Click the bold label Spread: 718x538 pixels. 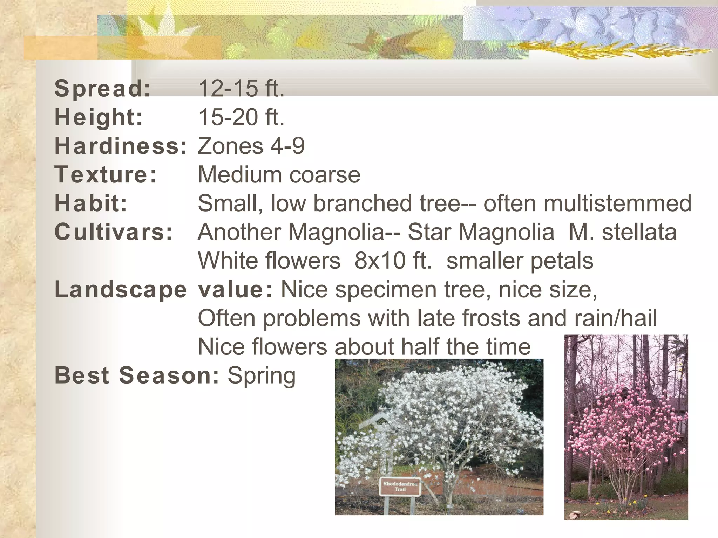coord(103,89)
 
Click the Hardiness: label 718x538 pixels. coord(121,146)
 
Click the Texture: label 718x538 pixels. coord(106,175)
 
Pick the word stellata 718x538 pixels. coord(639,232)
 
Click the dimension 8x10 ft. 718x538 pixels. coord(393,261)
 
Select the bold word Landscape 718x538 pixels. coord(121,290)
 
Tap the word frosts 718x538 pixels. coord(492,318)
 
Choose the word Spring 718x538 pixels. coord(262,376)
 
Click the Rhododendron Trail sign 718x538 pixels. coord(400,487)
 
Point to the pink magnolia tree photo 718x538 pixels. coord(626,427)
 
